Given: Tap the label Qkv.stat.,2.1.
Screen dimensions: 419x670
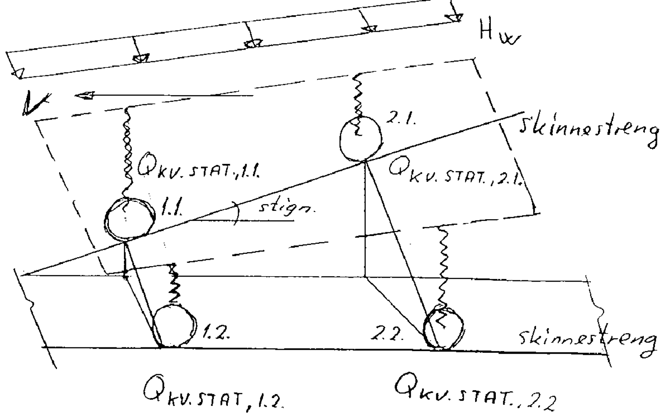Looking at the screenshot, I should [454, 176].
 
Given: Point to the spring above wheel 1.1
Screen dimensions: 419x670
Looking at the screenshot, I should [127, 153].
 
